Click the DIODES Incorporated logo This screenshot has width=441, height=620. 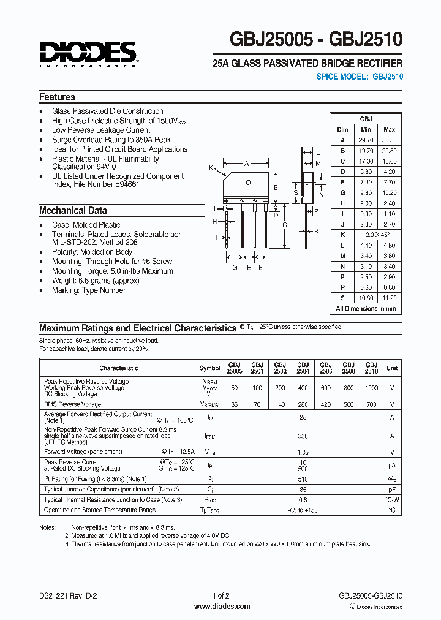pos(88,53)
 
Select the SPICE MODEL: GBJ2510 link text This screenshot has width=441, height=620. pos(359,77)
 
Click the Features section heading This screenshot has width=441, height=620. pos(57,97)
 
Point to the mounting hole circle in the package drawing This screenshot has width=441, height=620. pos(248,183)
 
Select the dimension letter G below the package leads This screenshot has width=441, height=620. pos(235,268)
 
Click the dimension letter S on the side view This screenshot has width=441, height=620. pos(296,192)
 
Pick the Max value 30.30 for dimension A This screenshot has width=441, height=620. pos(389,140)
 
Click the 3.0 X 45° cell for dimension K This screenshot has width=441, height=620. pos(378,235)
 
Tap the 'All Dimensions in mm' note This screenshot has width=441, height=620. pos(366,308)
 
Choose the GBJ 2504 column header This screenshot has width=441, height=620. pos(303,368)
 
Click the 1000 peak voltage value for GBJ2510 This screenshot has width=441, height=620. pos(371,388)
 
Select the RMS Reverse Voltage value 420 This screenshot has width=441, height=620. pos(325,404)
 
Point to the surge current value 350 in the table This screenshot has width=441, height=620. pos(303,436)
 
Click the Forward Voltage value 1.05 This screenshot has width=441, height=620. pos(303,452)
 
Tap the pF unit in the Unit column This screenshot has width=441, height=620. pos(392,490)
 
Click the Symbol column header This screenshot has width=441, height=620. pos(209,368)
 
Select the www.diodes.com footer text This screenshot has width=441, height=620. pos(221,607)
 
